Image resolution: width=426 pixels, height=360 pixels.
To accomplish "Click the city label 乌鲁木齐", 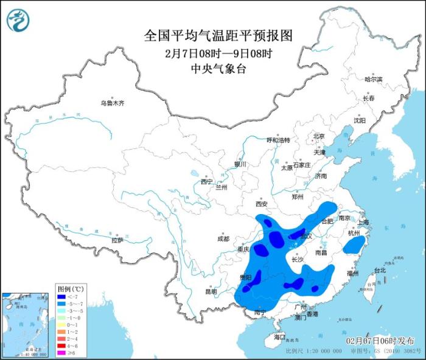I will pyautogui.click(x=112, y=103).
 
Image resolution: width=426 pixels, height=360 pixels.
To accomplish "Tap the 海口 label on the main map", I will pyautogui.click(x=279, y=336).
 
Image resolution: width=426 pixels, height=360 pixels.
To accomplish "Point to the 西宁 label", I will pyautogui.click(x=206, y=181).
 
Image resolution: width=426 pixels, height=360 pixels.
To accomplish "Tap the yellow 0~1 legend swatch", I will pyautogui.click(x=62, y=326).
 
